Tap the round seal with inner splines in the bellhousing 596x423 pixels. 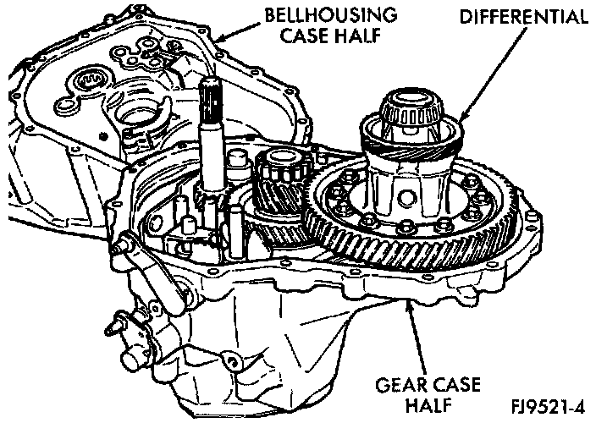(89, 83)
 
